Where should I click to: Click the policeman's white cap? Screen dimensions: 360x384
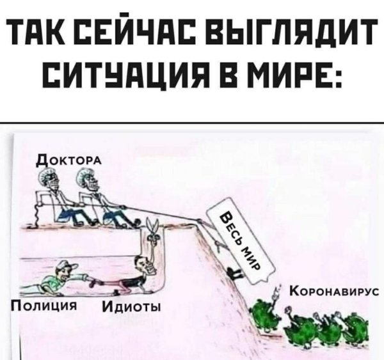69,266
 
